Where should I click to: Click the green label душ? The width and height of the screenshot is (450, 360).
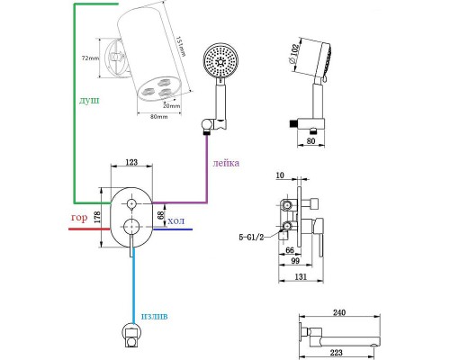tap(89, 101)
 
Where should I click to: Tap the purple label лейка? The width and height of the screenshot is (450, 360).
tap(226, 163)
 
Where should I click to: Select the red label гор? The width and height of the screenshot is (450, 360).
tap(79, 218)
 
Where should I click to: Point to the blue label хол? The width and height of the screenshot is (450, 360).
tap(175, 221)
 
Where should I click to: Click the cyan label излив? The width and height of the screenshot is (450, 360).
tap(155, 317)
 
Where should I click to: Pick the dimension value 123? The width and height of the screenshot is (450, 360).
tap(131, 162)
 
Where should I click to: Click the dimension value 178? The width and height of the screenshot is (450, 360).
tap(97, 217)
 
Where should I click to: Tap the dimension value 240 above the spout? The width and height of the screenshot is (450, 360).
tap(339, 312)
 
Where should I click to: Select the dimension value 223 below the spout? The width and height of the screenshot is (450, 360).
tap(336, 353)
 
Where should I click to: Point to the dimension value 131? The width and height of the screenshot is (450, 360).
tap(301, 276)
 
